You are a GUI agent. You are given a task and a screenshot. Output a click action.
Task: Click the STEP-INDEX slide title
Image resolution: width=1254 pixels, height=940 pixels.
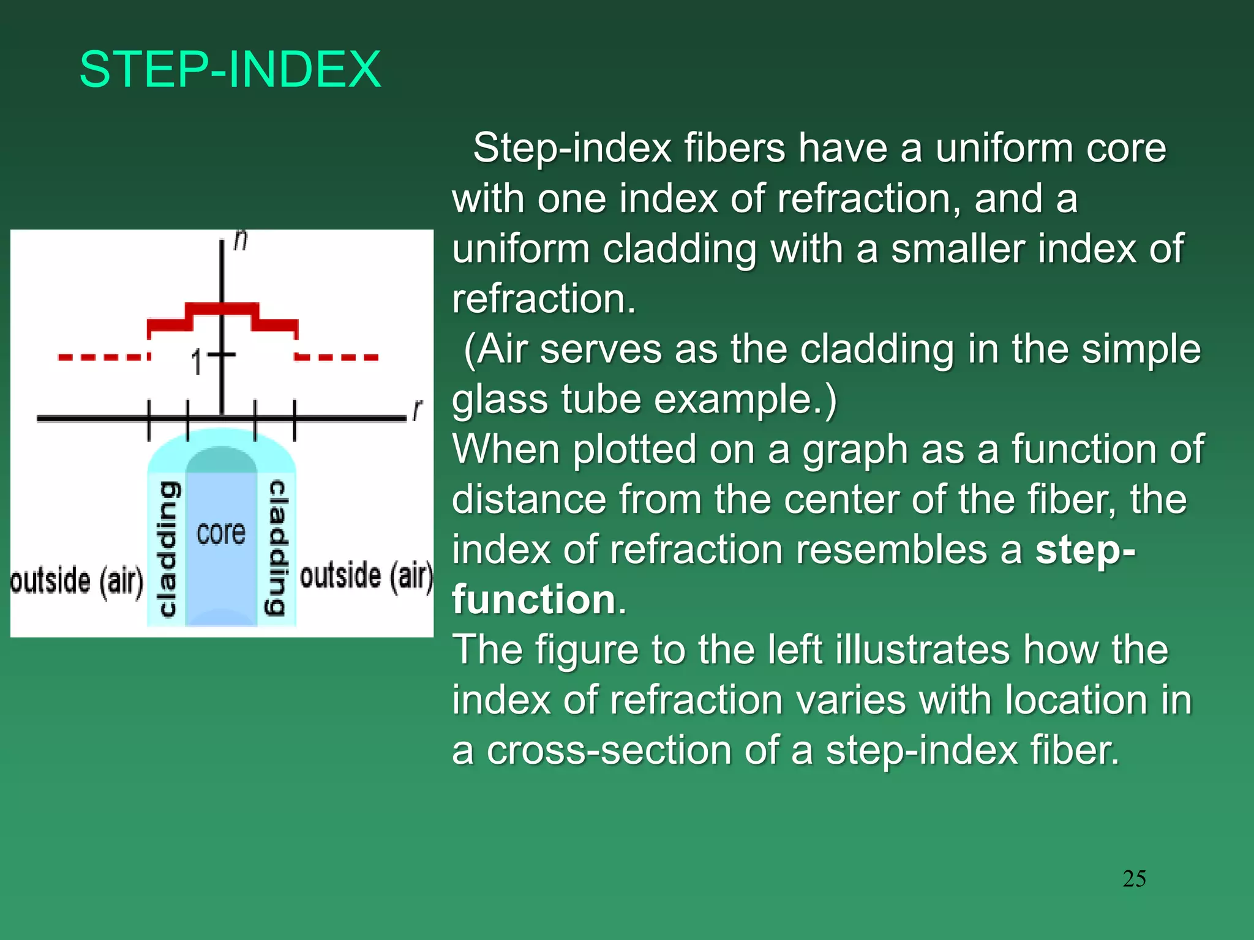(x=230, y=69)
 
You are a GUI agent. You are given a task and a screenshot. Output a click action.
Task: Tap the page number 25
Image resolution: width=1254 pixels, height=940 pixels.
(x=1134, y=879)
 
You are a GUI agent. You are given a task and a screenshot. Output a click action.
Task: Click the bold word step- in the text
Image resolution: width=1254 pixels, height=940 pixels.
(x=1085, y=549)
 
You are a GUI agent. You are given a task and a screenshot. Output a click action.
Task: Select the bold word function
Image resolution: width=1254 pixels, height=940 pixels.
(x=533, y=599)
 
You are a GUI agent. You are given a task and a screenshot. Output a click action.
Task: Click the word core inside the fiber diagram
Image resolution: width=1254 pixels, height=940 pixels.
(x=221, y=532)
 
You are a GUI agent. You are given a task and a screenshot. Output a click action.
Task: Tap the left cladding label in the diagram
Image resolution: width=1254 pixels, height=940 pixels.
(x=167, y=548)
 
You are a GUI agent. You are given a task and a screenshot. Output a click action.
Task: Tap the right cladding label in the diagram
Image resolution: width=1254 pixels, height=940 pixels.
(x=277, y=548)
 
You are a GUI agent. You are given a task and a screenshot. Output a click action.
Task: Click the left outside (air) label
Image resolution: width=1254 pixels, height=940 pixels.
(x=77, y=580)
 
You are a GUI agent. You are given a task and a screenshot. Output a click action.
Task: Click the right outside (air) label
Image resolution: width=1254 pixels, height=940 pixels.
(x=366, y=576)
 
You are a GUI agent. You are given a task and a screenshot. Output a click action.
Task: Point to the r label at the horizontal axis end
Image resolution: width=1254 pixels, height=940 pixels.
(x=418, y=409)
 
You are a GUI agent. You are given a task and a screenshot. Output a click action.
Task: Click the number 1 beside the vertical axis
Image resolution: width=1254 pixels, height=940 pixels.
(x=197, y=363)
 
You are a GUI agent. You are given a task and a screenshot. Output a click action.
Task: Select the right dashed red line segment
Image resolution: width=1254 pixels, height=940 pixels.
(x=337, y=357)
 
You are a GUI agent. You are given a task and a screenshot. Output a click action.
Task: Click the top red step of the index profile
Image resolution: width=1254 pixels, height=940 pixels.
(x=222, y=308)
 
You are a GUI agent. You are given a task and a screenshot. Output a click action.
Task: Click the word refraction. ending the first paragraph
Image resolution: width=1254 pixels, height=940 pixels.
(x=544, y=299)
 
